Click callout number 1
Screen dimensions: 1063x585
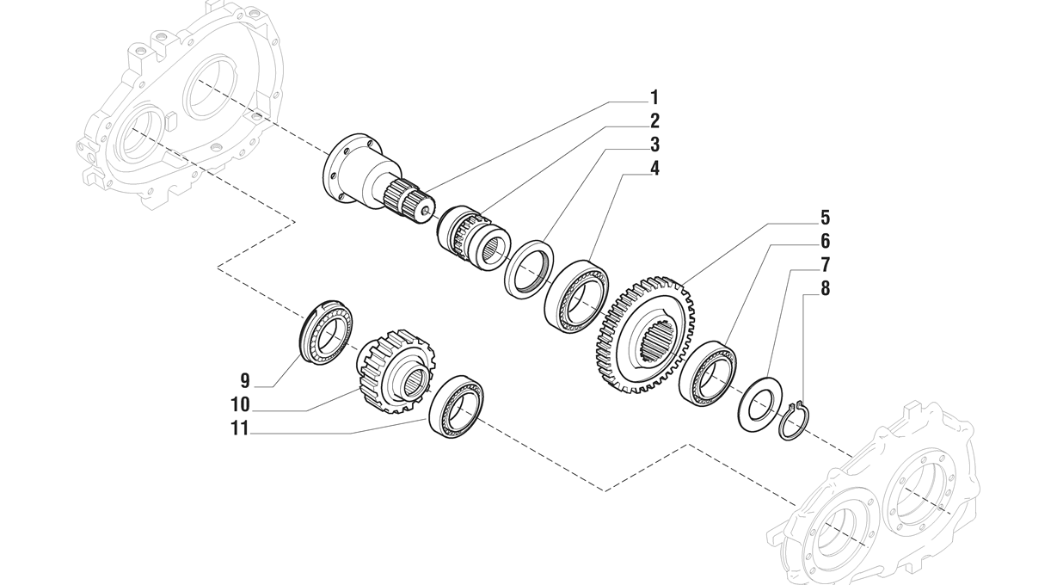click(654, 98)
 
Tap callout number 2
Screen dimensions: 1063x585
click(654, 121)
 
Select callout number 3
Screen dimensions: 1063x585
click(654, 145)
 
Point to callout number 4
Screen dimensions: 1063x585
click(654, 168)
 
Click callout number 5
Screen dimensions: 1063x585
click(826, 218)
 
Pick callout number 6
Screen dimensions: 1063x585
click(826, 241)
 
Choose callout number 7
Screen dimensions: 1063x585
click(826, 265)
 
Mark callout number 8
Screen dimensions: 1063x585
click(826, 288)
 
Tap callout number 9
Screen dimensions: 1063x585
click(245, 381)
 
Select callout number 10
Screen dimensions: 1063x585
click(240, 405)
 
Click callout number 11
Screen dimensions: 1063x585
click(240, 428)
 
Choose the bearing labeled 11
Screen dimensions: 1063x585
click(456, 406)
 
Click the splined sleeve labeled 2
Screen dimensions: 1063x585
click(473, 238)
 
